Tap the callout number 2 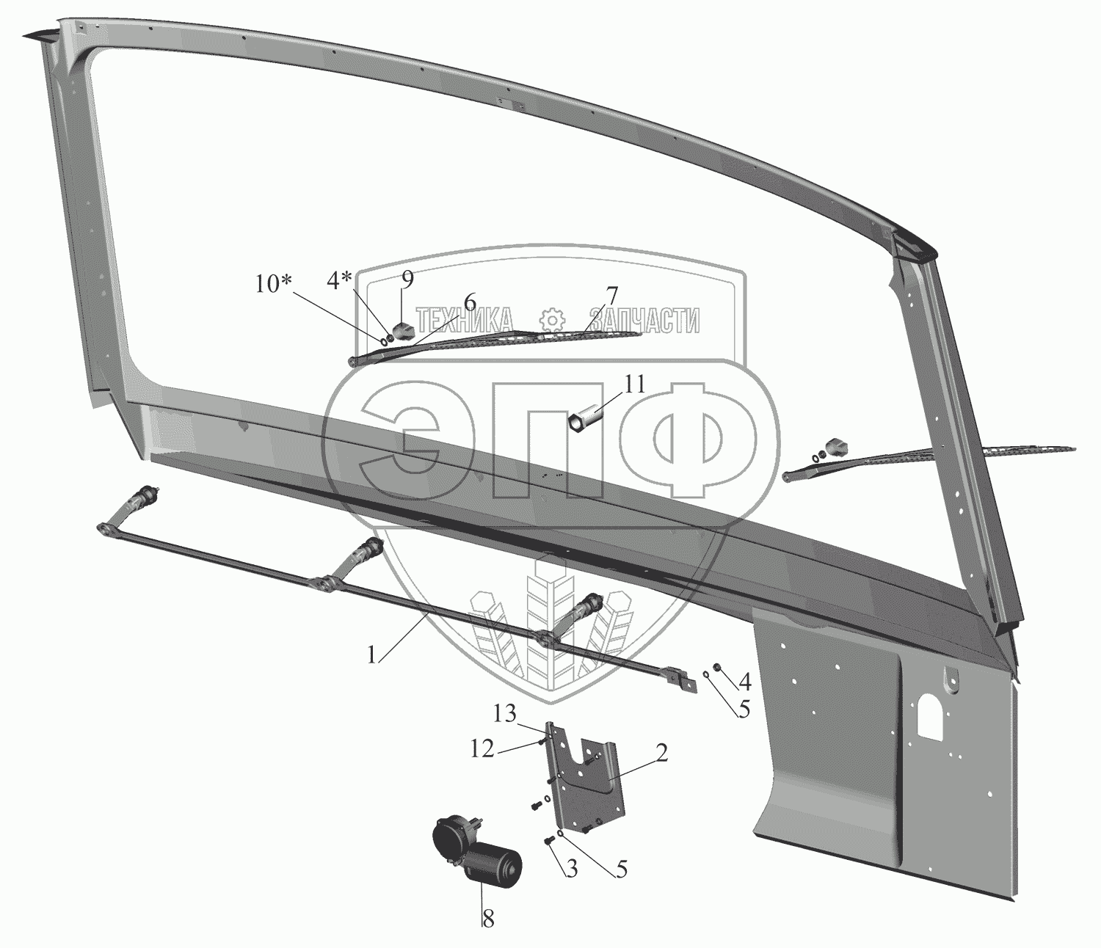click(661, 754)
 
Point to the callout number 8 click(487, 918)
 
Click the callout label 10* click(275, 284)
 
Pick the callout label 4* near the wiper click(340, 281)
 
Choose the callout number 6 click(469, 302)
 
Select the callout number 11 click(633, 384)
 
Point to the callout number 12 click(482, 750)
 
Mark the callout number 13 click(504, 713)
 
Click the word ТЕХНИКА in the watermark click(465, 321)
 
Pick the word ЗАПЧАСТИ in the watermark click(644, 321)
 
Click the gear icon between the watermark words click(551, 321)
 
